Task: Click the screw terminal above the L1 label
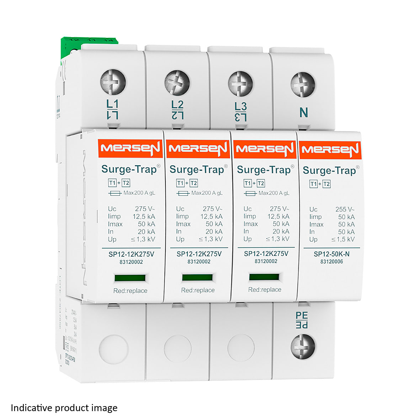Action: tap(113, 82)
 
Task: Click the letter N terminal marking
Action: tap(303, 113)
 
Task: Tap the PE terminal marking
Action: tap(302, 320)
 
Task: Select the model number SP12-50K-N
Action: tap(331, 254)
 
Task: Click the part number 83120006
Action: tap(331, 262)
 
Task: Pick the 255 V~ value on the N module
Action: tap(345, 209)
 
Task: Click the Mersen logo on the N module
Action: tap(330, 150)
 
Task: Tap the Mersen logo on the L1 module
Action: tap(130, 148)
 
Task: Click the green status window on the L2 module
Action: tap(197, 277)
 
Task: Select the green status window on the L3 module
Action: tap(264, 277)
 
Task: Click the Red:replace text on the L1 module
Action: tap(130, 291)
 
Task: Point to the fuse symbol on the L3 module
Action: tap(251, 193)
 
